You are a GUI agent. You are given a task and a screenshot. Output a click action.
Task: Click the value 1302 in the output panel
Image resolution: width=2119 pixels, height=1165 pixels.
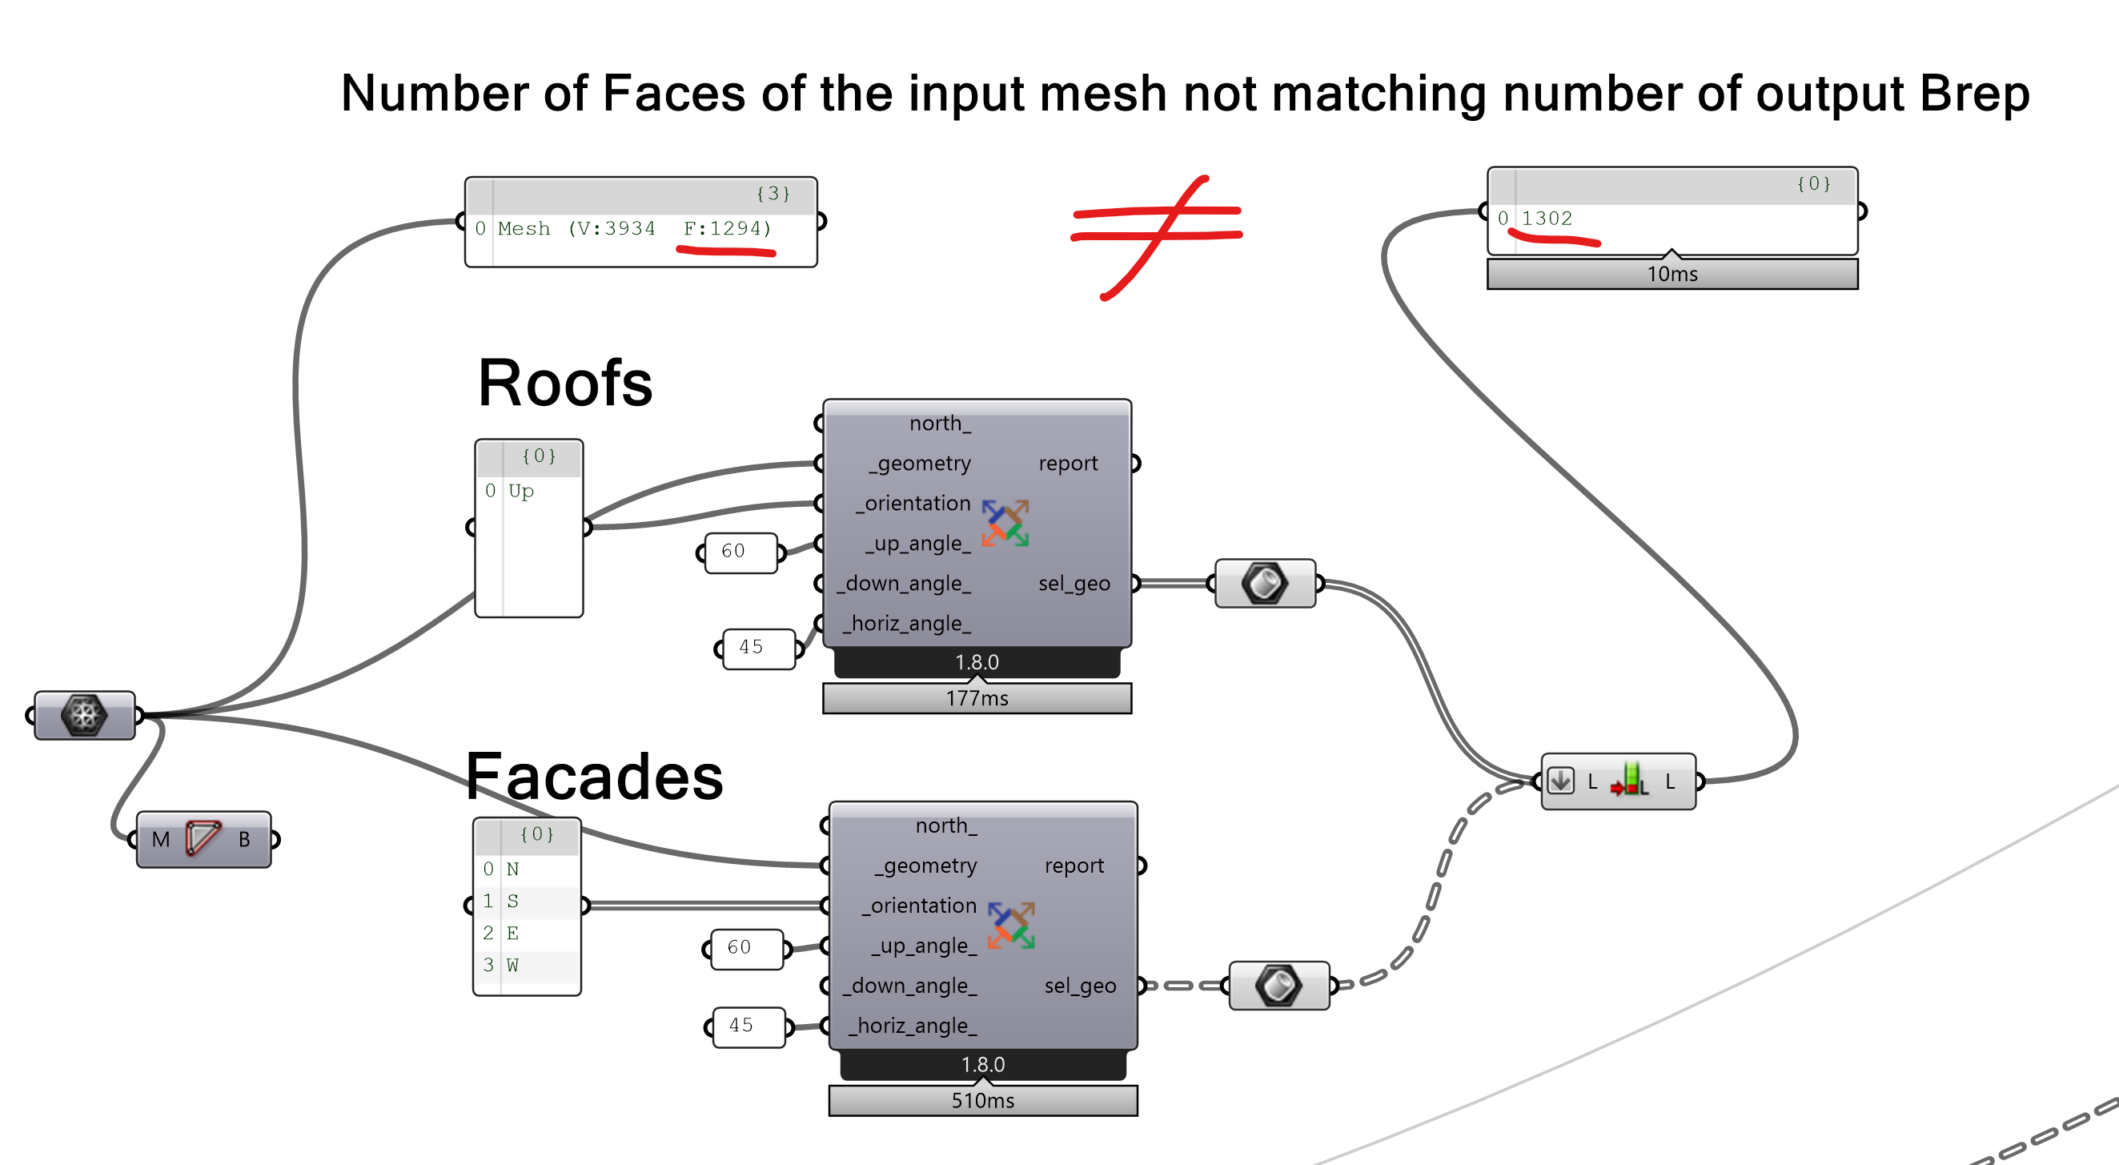pyautogui.click(x=1547, y=219)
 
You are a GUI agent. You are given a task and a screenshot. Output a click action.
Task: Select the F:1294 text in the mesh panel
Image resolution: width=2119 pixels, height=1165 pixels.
pyautogui.click(x=727, y=229)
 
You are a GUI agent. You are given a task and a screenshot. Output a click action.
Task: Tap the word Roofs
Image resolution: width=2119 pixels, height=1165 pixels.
pyautogui.click(x=565, y=384)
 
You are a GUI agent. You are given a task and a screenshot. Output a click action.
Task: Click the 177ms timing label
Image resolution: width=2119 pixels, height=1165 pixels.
pyautogui.click(x=977, y=698)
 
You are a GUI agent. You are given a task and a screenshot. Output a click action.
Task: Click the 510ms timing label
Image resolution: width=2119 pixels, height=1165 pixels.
pyautogui.click(x=983, y=1101)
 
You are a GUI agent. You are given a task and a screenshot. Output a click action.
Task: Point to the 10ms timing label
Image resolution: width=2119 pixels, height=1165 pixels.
pyautogui.click(x=1672, y=274)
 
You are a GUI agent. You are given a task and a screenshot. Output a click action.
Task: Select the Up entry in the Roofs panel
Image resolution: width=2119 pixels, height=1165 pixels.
pyautogui.click(x=521, y=491)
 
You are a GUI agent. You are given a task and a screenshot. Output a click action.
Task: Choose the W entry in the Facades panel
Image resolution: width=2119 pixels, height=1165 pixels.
pyautogui.click(x=512, y=965)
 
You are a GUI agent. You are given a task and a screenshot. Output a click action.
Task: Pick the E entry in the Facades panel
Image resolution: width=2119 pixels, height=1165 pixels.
pyautogui.click(x=512, y=933)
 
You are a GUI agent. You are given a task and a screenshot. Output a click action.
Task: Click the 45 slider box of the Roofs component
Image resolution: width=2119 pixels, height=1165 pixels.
pyautogui.click(x=758, y=649)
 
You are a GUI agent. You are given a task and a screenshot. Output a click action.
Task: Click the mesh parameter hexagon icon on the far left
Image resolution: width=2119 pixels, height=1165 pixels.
pyautogui.click(x=84, y=715)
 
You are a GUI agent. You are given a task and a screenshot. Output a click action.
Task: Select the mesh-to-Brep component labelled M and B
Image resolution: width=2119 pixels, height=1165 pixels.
pyautogui.click(x=203, y=839)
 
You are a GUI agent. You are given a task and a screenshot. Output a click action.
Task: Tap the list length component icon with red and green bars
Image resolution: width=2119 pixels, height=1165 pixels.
pyautogui.click(x=1630, y=780)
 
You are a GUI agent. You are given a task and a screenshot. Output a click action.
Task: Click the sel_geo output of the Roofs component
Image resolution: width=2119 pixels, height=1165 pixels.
pyautogui.click(x=1074, y=584)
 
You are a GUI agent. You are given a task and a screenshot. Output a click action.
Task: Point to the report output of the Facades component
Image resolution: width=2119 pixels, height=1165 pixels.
pyautogui.click(x=1074, y=866)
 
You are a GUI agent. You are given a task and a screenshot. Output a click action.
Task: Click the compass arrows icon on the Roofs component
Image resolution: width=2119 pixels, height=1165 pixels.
pyautogui.click(x=1005, y=524)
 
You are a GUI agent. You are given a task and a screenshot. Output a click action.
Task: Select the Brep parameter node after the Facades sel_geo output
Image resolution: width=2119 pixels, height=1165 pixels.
pyautogui.click(x=1278, y=985)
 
